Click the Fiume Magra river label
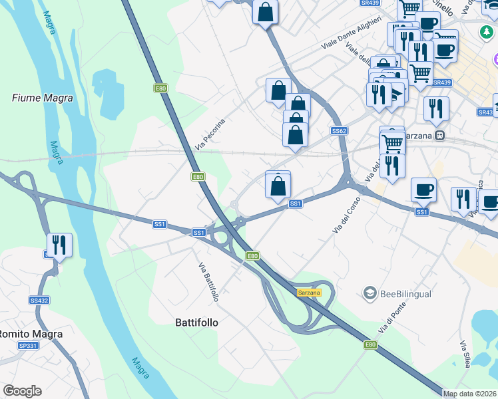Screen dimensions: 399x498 click(43, 98)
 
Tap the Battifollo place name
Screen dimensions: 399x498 click(196, 323)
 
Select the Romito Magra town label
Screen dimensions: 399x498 click(31, 334)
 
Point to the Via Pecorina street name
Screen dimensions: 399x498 click(210, 134)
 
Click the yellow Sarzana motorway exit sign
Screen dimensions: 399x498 click(309, 293)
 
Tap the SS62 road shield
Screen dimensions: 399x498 click(339, 131)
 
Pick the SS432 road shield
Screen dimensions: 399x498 click(39, 301)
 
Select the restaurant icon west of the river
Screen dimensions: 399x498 click(59, 245)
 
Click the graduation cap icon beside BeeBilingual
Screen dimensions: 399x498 click(370, 293)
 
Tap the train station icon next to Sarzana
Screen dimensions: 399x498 click(439, 135)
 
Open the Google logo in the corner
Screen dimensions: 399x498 click(22, 391)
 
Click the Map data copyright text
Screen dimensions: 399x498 click(470, 394)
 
